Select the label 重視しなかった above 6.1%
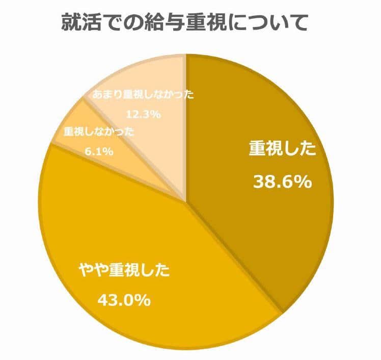[99, 132]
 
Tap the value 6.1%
[99, 151]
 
